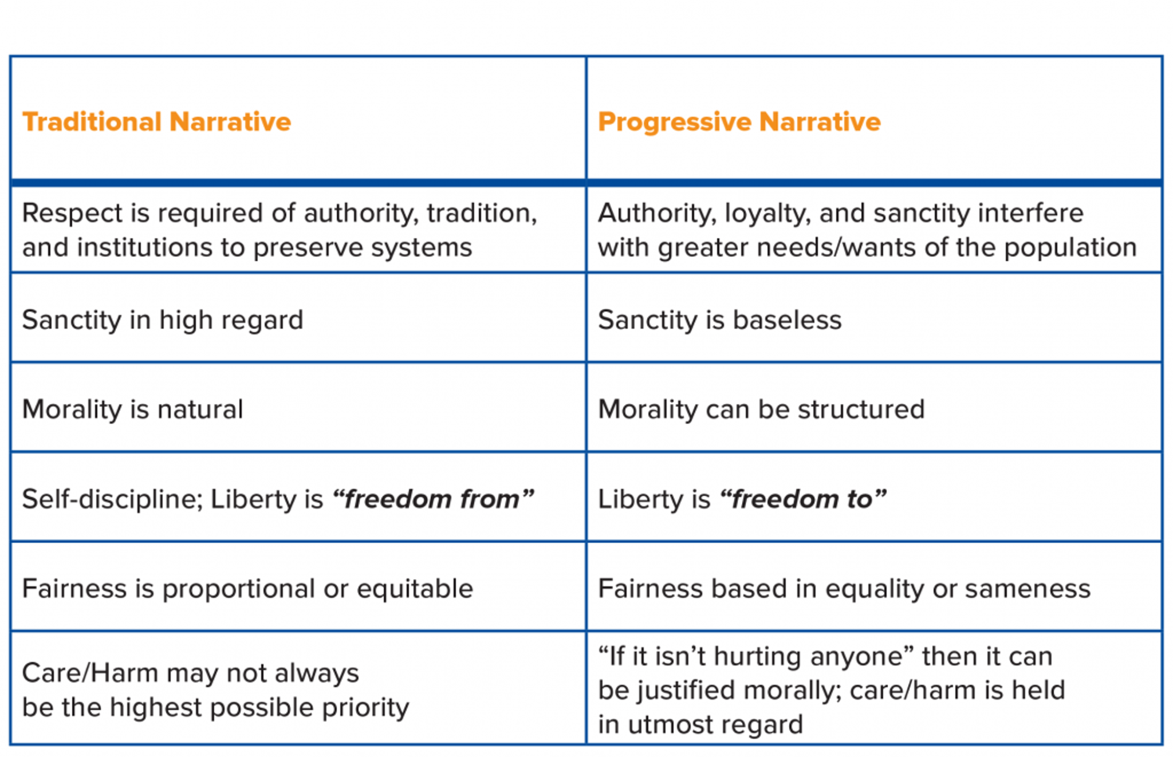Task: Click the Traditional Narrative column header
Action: click(156, 122)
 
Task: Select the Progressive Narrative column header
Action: click(739, 122)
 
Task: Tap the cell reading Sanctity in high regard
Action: click(163, 320)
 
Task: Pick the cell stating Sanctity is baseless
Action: click(720, 320)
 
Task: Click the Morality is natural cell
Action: click(132, 410)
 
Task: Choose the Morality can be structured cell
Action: click(761, 410)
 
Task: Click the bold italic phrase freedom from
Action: click(432, 499)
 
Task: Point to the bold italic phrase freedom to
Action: click(802, 499)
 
